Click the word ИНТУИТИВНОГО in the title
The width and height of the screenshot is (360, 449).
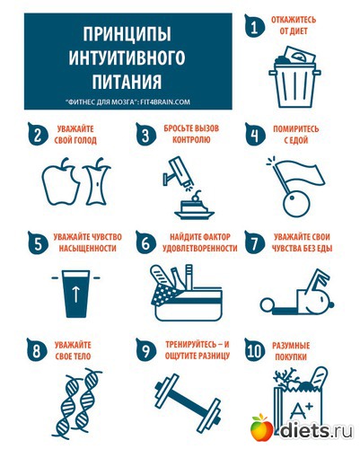[x=127, y=57]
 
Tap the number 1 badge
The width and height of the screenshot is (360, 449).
[x=254, y=26]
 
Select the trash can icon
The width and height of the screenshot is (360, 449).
[x=294, y=77]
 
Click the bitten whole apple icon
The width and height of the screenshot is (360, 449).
[x=61, y=182]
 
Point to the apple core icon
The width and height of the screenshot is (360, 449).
[x=97, y=181]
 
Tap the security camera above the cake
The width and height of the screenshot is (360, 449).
[x=178, y=172]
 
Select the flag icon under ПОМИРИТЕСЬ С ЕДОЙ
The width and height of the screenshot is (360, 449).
[x=296, y=186]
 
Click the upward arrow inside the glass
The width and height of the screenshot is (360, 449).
[x=76, y=294]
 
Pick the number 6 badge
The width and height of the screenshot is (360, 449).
[x=145, y=242]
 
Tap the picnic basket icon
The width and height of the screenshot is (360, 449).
[x=187, y=293]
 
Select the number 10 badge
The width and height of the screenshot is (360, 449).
[x=255, y=350]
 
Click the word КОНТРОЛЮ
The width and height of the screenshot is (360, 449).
[x=191, y=140]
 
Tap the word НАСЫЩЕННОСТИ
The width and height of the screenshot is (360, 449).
[x=87, y=248]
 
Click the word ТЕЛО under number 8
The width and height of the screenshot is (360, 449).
[x=82, y=357]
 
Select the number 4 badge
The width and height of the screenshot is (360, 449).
[x=255, y=135]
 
